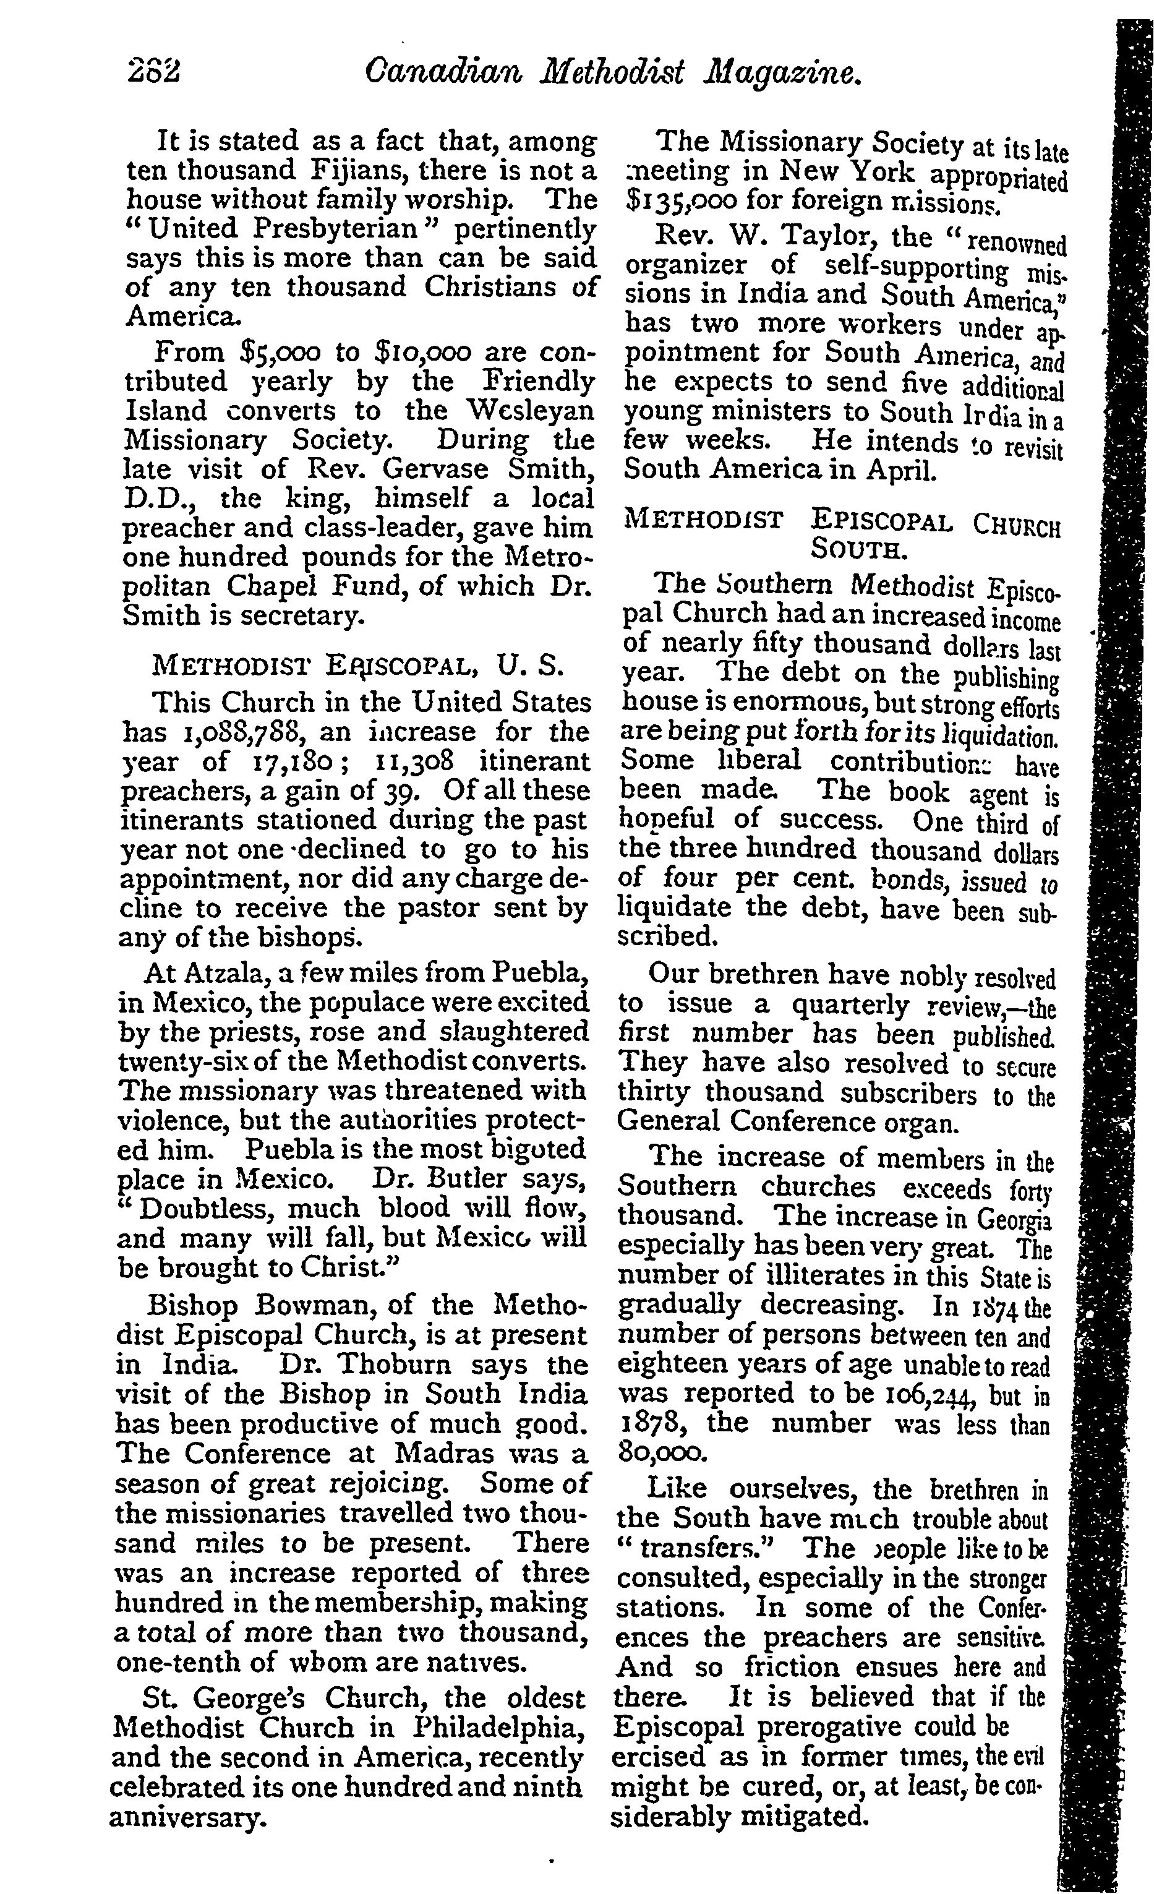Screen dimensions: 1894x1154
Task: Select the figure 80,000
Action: tap(660, 1454)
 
